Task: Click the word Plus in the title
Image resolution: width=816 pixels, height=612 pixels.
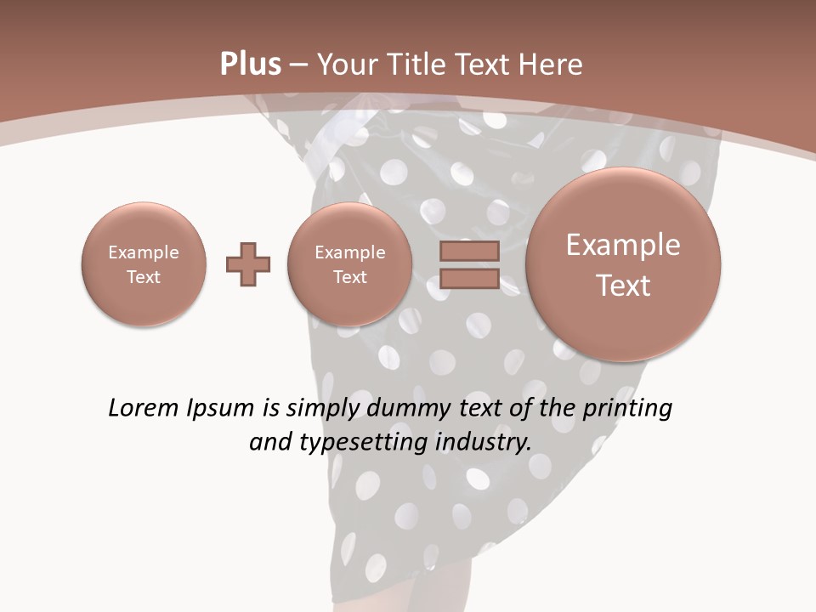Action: tap(250, 65)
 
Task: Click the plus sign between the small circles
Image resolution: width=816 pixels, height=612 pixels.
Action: tap(248, 264)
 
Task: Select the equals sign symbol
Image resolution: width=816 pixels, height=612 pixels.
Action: tap(469, 264)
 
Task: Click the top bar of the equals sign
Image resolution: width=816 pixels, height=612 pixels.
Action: tap(469, 251)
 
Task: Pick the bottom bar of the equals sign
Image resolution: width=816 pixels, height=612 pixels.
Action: tap(469, 279)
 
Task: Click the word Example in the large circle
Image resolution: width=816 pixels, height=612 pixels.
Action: tap(623, 245)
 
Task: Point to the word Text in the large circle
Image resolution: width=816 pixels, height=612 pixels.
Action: tap(623, 286)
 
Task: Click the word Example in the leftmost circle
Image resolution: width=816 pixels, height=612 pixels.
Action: tap(144, 252)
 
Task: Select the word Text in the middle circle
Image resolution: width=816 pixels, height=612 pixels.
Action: tap(349, 277)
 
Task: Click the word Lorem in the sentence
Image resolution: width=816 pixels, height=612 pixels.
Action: tap(144, 408)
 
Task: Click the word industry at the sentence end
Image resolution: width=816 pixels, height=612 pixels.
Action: tap(483, 442)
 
